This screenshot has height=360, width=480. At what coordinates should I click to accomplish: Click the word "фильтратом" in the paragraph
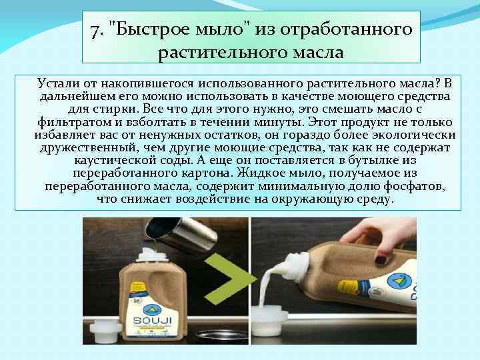71,122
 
